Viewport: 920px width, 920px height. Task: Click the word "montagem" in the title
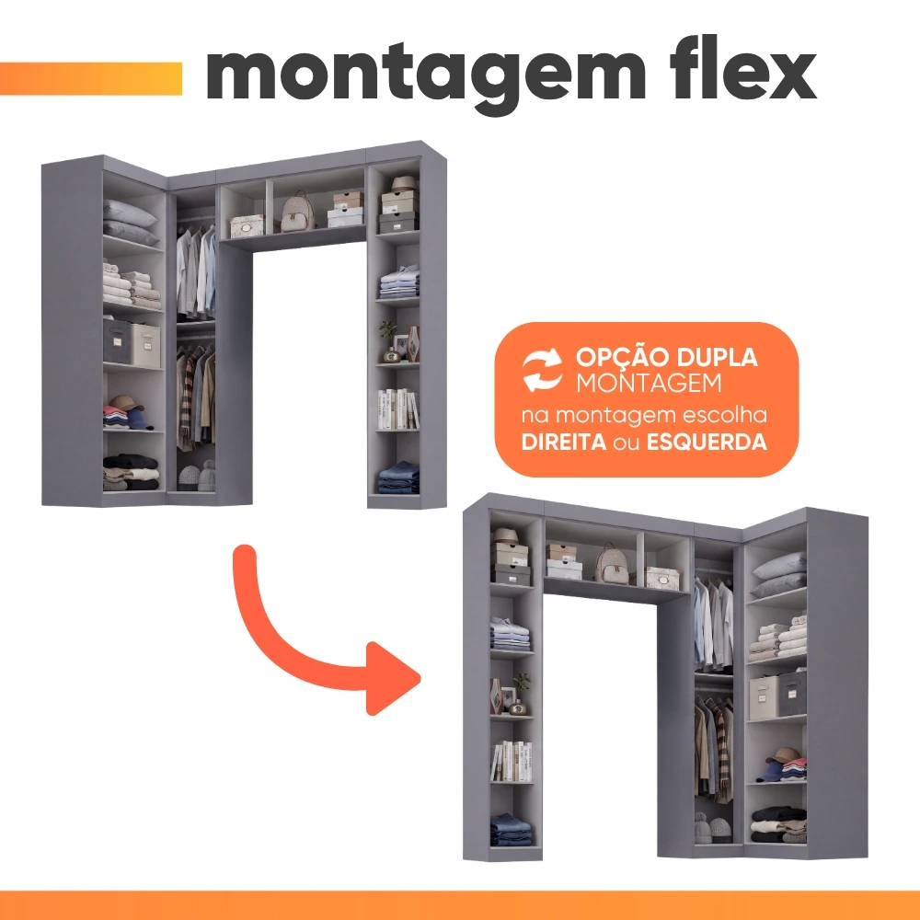click(426, 78)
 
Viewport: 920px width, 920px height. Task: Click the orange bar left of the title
click(91, 78)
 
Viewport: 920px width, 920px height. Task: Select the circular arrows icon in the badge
click(542, 369)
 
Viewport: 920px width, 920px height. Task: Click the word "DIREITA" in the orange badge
click(564, 442)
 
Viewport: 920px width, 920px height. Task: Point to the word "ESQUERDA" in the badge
click(707, 442)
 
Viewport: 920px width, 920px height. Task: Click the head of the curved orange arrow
click(393, 678)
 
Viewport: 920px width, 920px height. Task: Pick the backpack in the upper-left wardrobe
click(297, 212)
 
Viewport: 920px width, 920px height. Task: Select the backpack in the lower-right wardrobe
click(612, 563)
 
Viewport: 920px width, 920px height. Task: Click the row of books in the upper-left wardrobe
click(397, 409)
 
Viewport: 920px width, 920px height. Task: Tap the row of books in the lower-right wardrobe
click(512, 761)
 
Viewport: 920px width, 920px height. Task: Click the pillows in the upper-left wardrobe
click(131, 223)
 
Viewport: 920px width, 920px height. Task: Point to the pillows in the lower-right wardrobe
click(779, 575)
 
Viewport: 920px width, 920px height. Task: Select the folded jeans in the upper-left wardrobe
click(398, 477)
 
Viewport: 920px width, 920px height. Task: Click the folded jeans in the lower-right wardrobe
click(511, 830)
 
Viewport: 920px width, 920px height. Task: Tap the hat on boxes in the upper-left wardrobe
click(404, 184)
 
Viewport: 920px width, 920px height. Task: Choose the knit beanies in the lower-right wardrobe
click(712, 828)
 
